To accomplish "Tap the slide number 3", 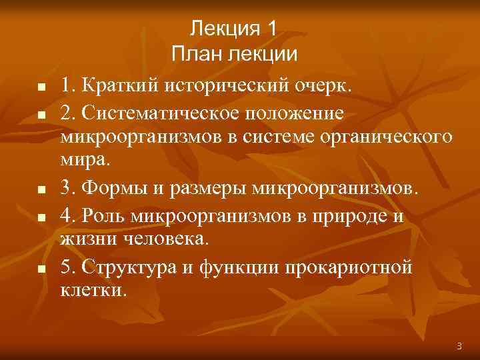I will click(x=459, y=346).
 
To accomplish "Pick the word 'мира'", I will click(x=85, y=162).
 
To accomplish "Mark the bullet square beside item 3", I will click(x=41, y=191).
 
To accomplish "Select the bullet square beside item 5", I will click(x=41, y=269).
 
